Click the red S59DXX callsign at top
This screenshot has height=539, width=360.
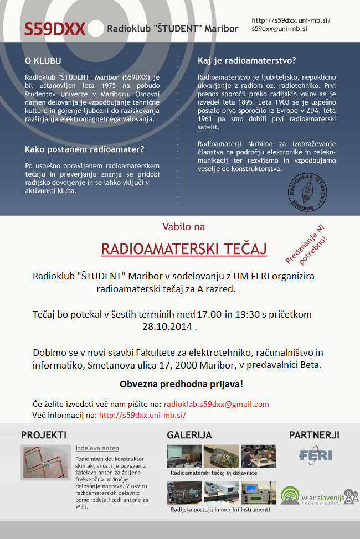(54, 29)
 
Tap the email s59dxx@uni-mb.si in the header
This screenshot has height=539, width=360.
(280, 28)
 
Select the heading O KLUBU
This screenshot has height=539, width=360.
(43, 60)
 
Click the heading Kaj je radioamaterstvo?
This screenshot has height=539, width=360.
(246, 60)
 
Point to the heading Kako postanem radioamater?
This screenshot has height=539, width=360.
(84, 149)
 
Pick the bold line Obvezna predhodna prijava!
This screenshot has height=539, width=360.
(181, 384)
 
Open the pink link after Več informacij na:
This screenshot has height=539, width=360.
(142, 414)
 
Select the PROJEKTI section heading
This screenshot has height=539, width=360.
(44, 435)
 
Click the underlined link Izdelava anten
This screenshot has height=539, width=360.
(97, 448)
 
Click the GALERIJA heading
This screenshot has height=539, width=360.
(189, 435)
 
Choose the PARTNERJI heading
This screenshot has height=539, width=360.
(314, 435)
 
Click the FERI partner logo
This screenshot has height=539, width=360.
(315, 455)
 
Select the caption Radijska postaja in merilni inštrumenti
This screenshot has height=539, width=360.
(220, 510)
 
